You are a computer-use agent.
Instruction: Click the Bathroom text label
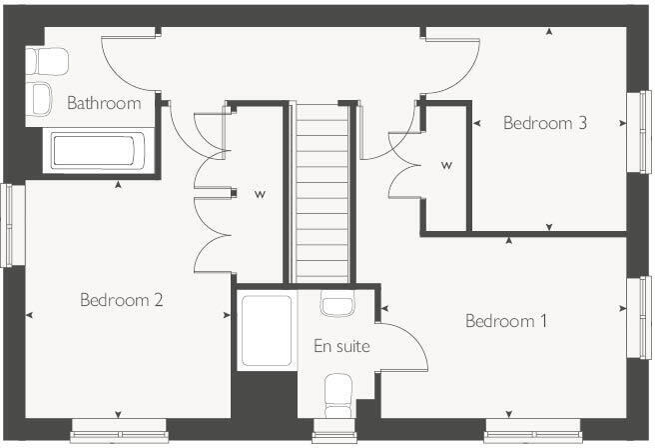[x=104, y=102]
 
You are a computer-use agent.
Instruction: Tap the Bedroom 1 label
[x=506, y=321]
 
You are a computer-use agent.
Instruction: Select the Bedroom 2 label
[x=122, y=299]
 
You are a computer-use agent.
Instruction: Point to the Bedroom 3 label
[x=544, y=123]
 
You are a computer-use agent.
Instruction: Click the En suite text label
[x=341, y=346]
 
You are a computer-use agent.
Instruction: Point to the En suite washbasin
[x=336, y=305]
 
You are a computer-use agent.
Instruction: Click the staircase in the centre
[x=322, y=190]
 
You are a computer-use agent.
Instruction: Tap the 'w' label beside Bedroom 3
[x=445, y=166]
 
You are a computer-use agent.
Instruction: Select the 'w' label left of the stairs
[x=259, y=193]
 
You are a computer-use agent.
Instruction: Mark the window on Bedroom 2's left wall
[x=11, y=224]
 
